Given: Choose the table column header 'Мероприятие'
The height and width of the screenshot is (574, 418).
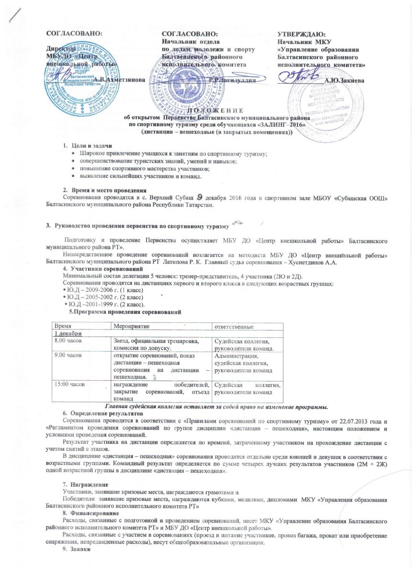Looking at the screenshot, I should pos(131,326).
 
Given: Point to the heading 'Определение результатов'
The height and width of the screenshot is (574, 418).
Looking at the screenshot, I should pos(103,412).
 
